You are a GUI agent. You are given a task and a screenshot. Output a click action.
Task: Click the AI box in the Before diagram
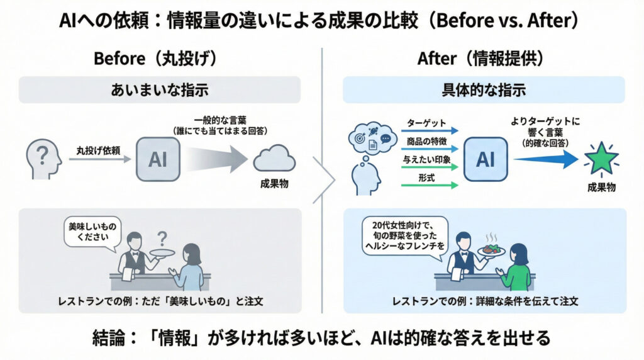tap(157, 160)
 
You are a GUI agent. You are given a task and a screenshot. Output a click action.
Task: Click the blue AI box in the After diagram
tap(486, 160)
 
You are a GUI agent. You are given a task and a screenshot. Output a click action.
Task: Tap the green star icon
tap(602, 159)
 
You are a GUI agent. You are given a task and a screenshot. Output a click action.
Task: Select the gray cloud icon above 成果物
tap(274, 158)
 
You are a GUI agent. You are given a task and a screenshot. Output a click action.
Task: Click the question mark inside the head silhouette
tap(42, 154)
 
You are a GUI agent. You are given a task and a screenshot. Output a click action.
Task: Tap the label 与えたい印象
tap(428, 160)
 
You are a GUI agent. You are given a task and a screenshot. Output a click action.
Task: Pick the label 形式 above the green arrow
tap(428, 178)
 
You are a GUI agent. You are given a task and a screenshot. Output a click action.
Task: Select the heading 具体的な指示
tap(484, 90)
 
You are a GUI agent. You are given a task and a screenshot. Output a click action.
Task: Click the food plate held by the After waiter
tap(492, 249)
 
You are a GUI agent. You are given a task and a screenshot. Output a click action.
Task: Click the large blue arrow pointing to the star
tap(545, 160)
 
